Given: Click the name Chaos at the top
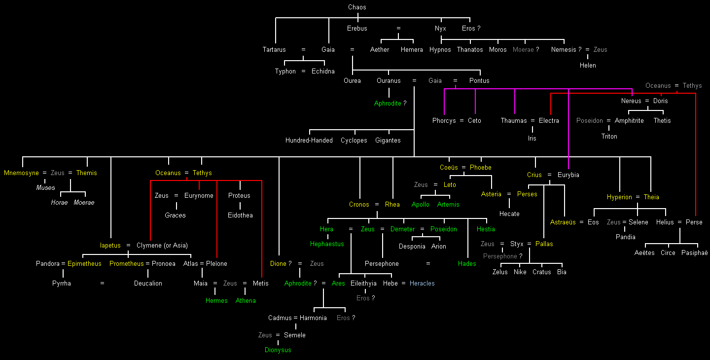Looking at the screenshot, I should click(x=357, y=7).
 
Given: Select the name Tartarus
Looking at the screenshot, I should click(x=274, y=50).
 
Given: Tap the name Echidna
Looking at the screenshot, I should click(x=323, y=72).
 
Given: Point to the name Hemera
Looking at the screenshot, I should click(x=412, y=50).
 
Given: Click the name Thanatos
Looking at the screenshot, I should click(x=470, y=50).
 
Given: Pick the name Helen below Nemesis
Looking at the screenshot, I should click(x=588, y=66).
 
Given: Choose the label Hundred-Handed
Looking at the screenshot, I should click(x=309, y=141).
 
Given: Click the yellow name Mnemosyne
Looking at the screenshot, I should click(x=21, y=173).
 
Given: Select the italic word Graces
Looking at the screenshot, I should click(x=175, y=216).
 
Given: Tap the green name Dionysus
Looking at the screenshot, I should click(x=278, y=350).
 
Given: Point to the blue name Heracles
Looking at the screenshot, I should click(x=422, y=284).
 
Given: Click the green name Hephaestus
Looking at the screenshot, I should click(x=327, y=244).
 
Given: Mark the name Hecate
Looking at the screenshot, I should click(x=509, y=214).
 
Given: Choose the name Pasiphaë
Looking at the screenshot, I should click(x=694, y=253).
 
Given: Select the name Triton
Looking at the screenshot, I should click(x=609, y=137).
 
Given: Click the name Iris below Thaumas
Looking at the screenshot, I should click(x=532, y=139).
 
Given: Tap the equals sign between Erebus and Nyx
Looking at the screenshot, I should click(x=398, y=29).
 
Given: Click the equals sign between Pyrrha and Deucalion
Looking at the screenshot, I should click(x=102, y=284).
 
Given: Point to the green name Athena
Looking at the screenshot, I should click(x=246, y=301).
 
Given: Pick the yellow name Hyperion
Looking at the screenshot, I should click(x=619, y=197).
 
